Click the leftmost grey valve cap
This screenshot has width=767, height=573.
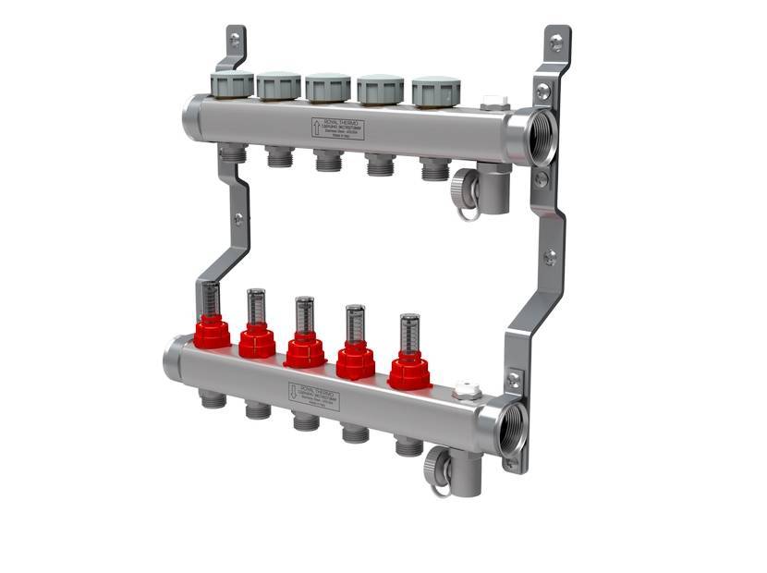(232, 84)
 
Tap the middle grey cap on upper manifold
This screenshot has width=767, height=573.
(328, 88)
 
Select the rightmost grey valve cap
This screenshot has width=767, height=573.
(436, 91)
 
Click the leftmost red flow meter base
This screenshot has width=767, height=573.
(213, 333)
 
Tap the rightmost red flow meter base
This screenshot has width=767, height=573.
(409, 371)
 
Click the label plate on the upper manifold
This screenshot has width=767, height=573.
(337, 128)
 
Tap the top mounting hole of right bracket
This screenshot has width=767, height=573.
(556, 43)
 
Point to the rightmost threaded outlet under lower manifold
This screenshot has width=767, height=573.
(408, 446)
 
